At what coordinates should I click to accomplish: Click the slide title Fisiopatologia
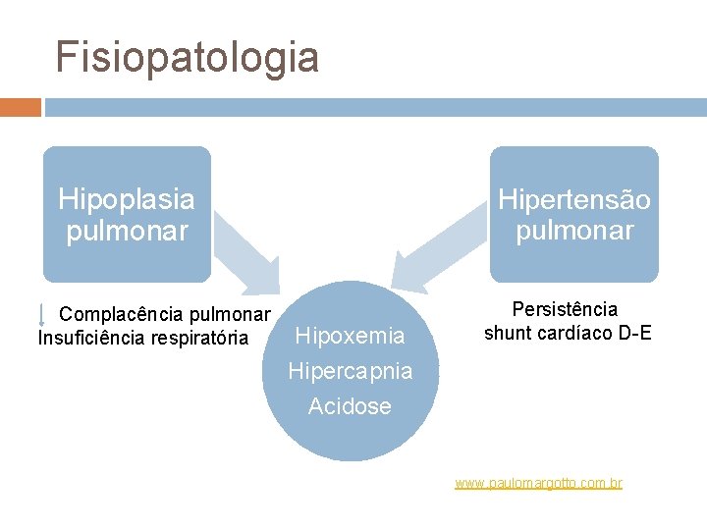coord(187,57)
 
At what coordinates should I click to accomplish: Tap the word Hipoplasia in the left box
coord(126,199)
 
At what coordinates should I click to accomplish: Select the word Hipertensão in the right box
coord(574,199)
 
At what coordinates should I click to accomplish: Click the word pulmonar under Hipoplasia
coord(126,232)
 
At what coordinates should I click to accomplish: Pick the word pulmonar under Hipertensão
coord(574,232)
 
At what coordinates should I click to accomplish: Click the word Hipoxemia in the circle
coord(350,337)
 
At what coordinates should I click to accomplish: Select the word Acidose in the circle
coord(350,406)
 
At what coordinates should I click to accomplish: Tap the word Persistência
coord(566,309)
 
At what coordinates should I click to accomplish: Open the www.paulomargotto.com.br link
coord(538,483)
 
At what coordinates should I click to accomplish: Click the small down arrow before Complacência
coord(41,314)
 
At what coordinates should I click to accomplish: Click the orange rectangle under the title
coord(20,107)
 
